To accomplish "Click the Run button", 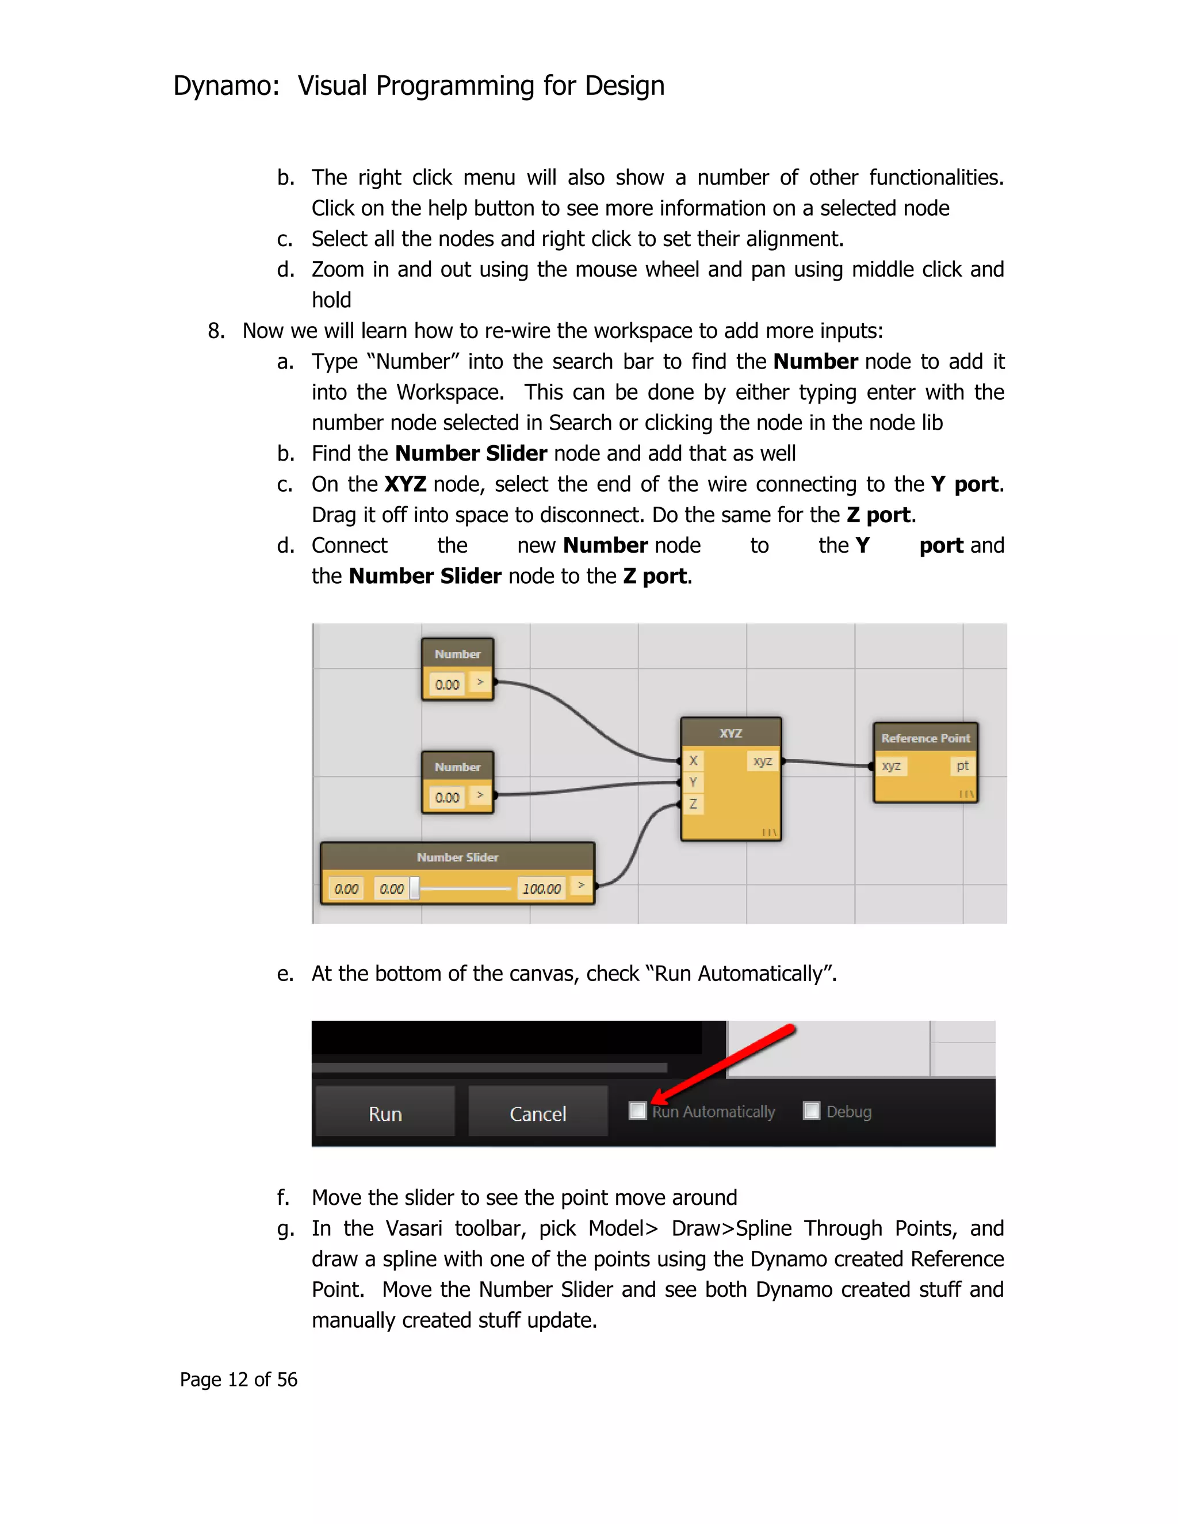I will [385, 1114].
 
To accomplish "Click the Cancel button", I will [537, 1114].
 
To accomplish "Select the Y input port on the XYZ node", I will [693, 782].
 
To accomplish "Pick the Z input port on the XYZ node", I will [693, 804].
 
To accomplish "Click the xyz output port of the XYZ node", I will [763, 761].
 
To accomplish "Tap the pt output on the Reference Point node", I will [962, 765].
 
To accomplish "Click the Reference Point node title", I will [925, 738].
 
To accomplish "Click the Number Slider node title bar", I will [458, 857].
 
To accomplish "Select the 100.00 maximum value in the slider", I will [541, 889].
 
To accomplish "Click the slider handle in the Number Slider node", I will [415, 889].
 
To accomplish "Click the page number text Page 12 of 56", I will [238, 1380].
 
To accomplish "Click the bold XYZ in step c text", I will [406, 484].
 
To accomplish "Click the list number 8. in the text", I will [216, 331].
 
